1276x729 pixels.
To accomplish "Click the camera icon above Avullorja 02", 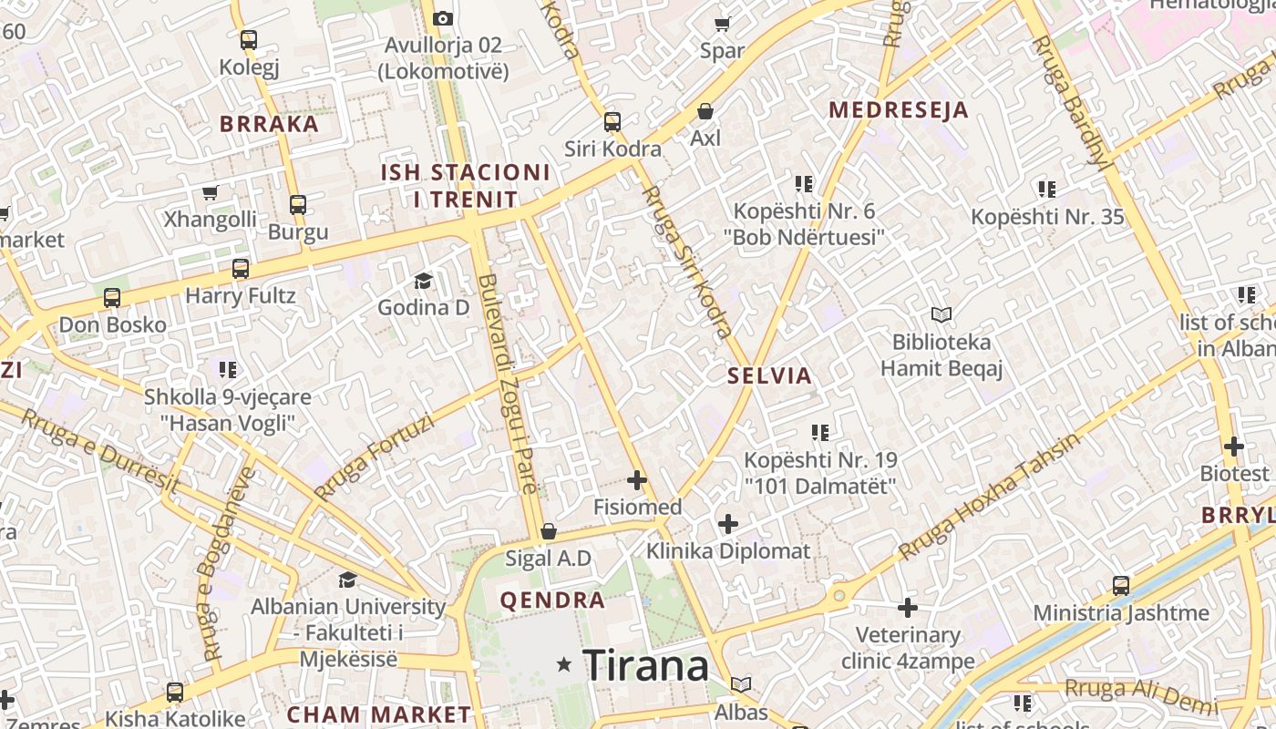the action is [x=443, y=18].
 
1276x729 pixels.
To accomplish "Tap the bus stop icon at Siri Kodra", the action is [x=612, y=121].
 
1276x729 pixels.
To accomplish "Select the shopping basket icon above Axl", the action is [x=705, y=111].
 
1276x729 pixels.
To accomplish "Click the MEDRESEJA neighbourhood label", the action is [x=898, y=110].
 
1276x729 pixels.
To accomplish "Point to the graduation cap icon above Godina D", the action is [x=424, y=281].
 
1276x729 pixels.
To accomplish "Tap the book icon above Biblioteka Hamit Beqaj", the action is [x=942, y=315].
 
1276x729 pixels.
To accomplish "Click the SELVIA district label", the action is [x=769, y=375].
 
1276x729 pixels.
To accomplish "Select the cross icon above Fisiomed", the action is [x=637, y=480].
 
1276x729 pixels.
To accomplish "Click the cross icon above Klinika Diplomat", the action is [x=728, y=524].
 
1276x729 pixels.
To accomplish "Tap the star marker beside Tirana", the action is [x=565, y=665].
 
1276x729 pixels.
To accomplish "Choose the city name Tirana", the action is [x=646, y=665].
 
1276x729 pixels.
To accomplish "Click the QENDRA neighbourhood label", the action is [x=552, y=601].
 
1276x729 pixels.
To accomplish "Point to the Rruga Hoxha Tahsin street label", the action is [x=989, y=495].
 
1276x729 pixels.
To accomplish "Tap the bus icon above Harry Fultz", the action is [x=241, y=269].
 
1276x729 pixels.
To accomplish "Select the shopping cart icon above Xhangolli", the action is [x=211, y=193].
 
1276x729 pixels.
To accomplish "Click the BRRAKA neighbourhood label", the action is [x=270, y=124].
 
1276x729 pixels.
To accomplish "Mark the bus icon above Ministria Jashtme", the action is [x=1121, y=586].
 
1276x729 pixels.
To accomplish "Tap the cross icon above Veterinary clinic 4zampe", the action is [x=908, y=608].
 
